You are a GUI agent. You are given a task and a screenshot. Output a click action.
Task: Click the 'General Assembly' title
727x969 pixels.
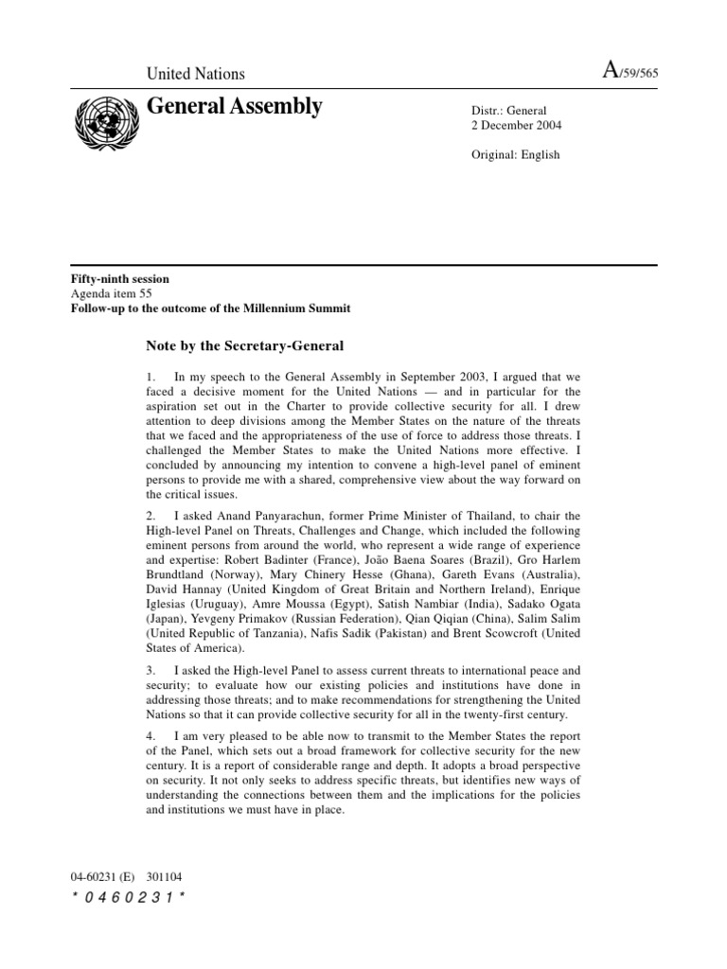click(234, 107)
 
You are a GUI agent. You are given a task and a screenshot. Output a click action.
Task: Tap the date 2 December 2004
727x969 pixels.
click(515, 126)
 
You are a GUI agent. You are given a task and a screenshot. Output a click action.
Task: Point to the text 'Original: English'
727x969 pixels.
click(515, 155)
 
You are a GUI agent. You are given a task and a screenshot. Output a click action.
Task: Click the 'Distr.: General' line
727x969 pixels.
click(509, 111)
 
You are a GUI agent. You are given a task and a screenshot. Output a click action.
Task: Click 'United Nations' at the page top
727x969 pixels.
click(195, 74)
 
